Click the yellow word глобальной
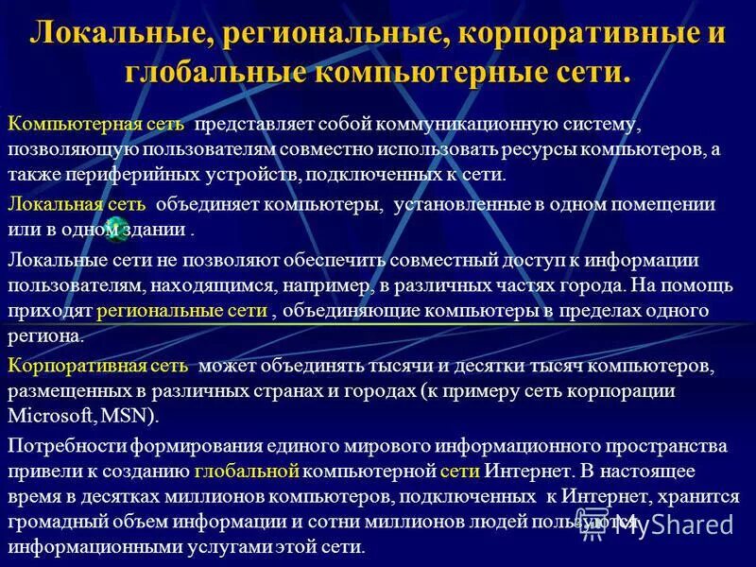point(248,471)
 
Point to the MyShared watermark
point(673,522)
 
